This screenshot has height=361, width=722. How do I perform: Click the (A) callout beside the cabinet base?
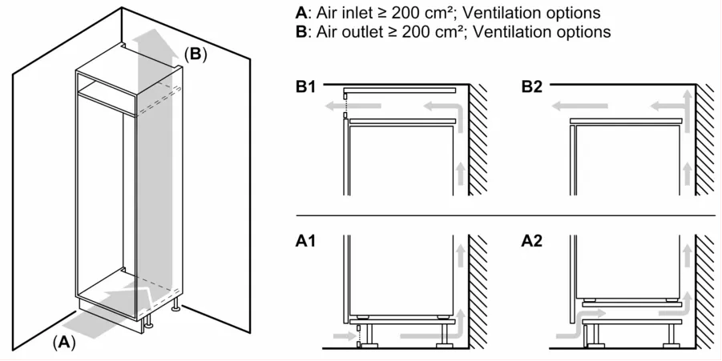63,343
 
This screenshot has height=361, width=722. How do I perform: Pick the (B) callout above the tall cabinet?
196,54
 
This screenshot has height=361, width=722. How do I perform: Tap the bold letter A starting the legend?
301,13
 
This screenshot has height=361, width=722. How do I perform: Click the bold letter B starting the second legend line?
301,32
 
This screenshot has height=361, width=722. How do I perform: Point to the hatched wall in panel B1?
479,140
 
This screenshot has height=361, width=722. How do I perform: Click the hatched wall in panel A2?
705,292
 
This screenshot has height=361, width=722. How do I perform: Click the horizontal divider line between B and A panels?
505,216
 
